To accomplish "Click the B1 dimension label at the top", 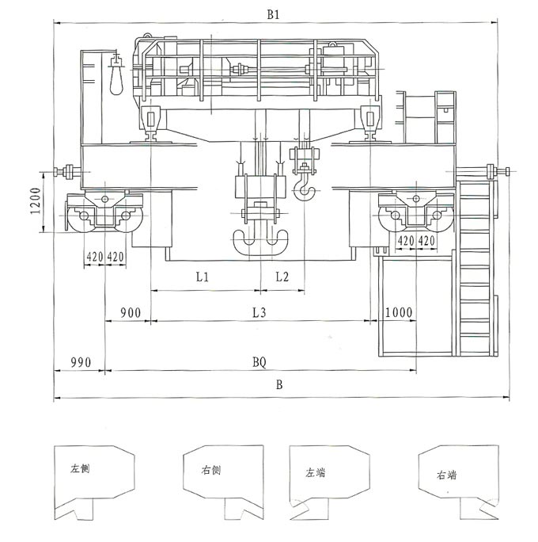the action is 273,14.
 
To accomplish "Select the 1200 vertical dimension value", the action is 36,200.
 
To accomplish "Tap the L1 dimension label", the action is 203,277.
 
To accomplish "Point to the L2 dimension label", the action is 282,277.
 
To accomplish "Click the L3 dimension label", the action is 260,313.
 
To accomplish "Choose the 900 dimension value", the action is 131,313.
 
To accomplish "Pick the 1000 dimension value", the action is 399,312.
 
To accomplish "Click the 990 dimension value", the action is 81,362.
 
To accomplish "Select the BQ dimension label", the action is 260,363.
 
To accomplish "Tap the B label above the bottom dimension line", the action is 279,385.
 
